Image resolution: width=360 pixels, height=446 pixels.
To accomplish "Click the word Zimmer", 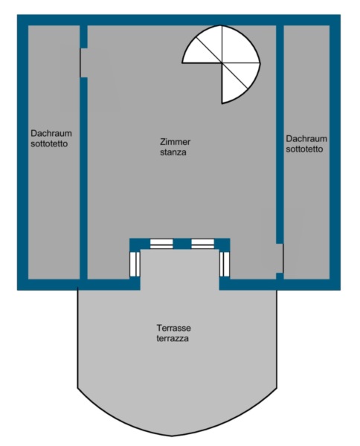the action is [x=175, y=142].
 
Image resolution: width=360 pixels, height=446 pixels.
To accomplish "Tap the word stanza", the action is [x=173, y=152].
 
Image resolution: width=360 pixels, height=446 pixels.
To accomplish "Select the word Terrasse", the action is [x=173, y=328].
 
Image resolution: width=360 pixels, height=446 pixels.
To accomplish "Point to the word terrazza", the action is [x=173, y=338].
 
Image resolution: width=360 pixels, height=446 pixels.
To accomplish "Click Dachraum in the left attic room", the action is [x=51, y=133].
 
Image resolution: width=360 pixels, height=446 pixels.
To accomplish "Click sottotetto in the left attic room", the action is [x=49, y=143].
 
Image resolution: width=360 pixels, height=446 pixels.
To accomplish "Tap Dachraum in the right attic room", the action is [x=306, y=138].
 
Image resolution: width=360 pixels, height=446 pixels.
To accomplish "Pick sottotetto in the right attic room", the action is [x=304, y=149].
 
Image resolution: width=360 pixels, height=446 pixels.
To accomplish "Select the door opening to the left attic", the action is [x=83, y=63].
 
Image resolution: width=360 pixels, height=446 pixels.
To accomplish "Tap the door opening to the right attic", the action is [x=280, y=258].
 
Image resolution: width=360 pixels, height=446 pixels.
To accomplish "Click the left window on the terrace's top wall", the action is [x=161, y=244].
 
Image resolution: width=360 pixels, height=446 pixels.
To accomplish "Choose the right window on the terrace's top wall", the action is [x=202, y=244].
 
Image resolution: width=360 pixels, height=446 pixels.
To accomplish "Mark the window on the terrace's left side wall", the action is [x=135, y=264].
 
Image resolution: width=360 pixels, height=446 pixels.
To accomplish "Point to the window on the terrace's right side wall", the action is [x=225, y=264].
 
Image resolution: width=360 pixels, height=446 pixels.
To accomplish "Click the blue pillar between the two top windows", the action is [x=182, y=244].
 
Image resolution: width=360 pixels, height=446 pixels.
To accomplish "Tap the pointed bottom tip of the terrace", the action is [x=172, y=436].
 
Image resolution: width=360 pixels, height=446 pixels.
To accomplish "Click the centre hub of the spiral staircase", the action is [x=222, y=62].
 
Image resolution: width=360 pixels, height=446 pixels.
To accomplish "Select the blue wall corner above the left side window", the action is [x=135, y=245].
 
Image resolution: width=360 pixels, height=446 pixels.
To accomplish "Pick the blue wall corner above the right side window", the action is [x=224, y=245].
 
